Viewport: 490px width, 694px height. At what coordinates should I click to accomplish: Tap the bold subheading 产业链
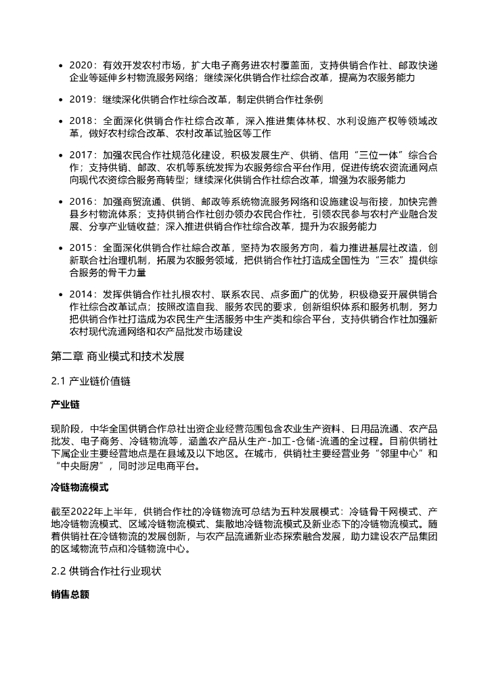point(65,405)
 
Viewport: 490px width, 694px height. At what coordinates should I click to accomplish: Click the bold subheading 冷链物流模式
point(79,487)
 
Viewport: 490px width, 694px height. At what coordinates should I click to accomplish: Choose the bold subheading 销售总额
point(70,594)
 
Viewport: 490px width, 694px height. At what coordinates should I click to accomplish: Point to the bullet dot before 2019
point(62,100)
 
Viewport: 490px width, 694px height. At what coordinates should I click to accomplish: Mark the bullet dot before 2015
point(62,248)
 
